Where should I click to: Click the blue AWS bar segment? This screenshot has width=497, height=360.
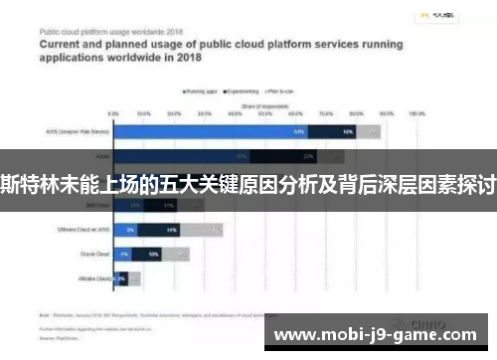(210, 131)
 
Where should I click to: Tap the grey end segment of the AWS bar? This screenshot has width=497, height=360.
(369, 131)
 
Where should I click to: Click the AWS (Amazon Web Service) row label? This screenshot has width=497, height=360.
(80, 131)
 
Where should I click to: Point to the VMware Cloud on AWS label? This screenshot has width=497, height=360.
(81, 230)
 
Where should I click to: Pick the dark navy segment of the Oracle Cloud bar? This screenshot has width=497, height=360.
(151, 254)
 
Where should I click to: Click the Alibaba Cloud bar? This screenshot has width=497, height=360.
(120, 278)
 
